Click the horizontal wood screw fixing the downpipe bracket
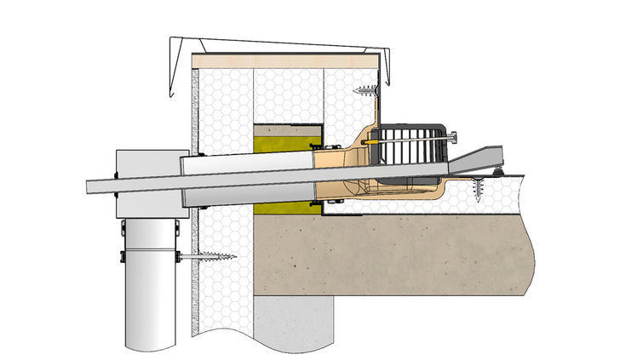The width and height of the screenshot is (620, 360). [208, 255]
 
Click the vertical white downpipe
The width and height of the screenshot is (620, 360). [151, 289]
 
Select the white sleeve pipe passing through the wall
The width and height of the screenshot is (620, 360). [247, 179]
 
